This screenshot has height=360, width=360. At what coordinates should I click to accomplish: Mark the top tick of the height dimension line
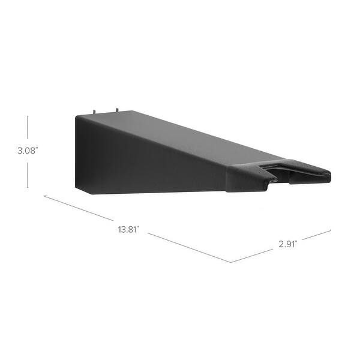(28, 116)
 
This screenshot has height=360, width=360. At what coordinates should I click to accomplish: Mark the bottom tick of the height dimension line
(28, 188)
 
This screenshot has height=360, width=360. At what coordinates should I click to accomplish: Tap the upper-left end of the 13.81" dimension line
(43, 195)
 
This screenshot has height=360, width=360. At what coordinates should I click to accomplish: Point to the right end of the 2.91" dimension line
(331, 229)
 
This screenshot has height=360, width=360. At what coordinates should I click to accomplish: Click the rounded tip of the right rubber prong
(327, 175)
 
